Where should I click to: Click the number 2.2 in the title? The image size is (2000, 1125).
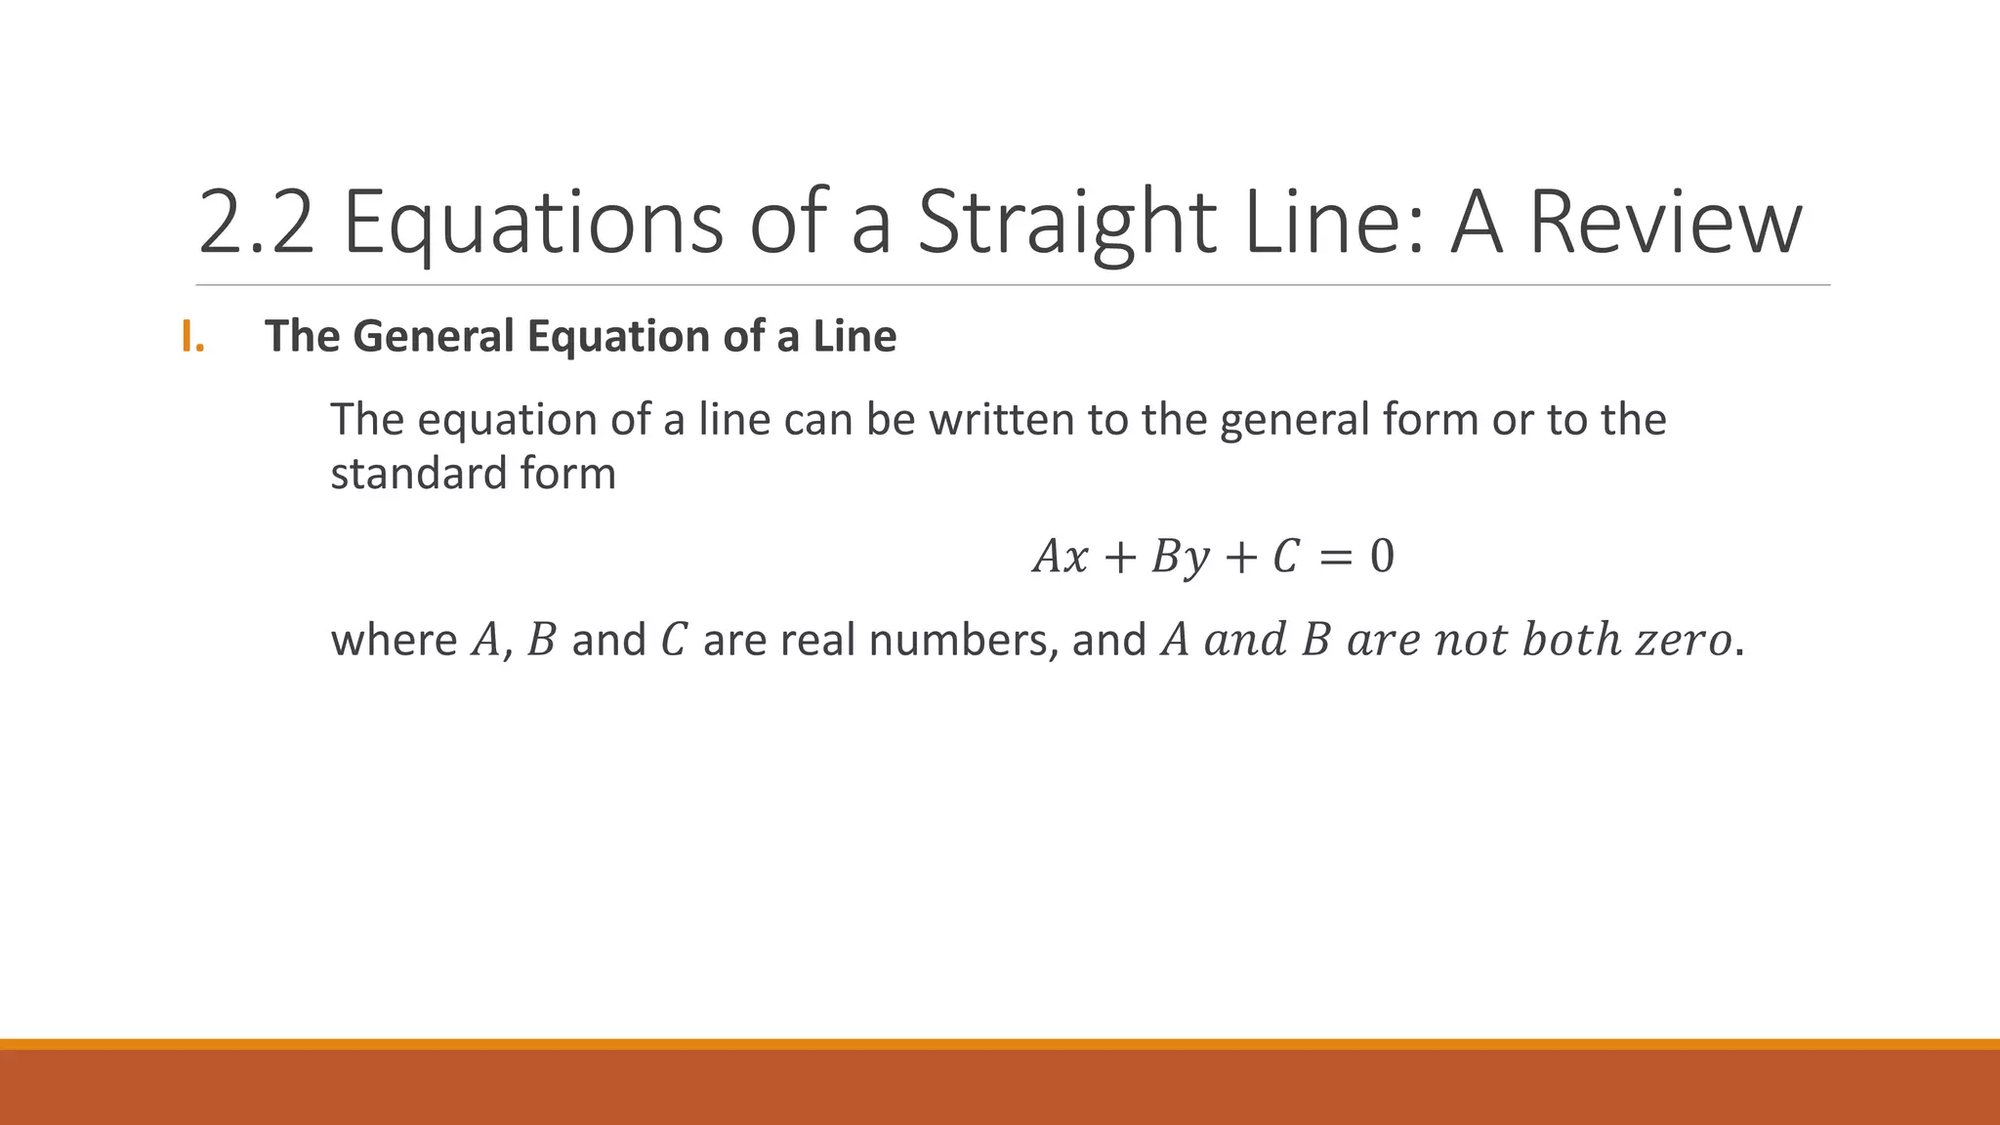[x=257, y=223]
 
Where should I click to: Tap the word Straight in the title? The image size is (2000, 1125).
[x=1066, y=223]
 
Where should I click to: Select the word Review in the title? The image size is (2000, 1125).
[x=1664, y=223]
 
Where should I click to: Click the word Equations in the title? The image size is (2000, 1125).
[x=533, y=223]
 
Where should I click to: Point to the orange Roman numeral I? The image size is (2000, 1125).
[x=192, y=337]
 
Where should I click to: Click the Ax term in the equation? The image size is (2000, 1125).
[x=1061, y=557]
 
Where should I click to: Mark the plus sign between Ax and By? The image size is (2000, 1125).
[x=1119, y=557]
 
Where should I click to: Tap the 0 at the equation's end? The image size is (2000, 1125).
[x=1382, y=557]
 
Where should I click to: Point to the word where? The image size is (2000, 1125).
[x=394, y=641]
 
